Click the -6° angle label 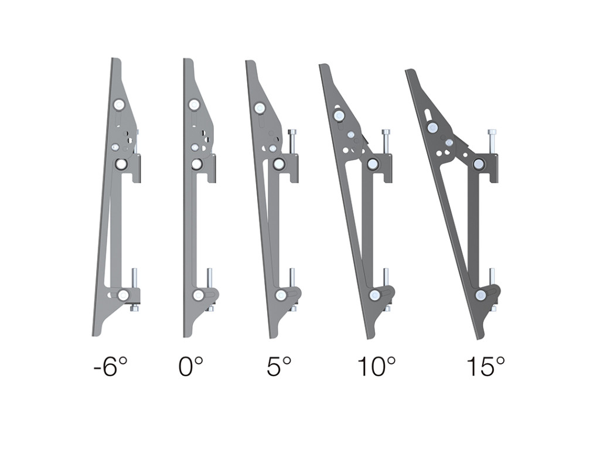tap(110, 367)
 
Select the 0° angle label tap(191, 367)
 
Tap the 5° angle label tap(279, 367)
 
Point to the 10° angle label tap(376, 367)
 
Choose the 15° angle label tap(486, 367)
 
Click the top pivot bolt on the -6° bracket tap(120, 105)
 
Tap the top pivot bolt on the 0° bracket tap(194, 105)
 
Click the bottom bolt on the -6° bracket tap(123, 295)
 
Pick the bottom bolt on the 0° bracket tap(199, 295)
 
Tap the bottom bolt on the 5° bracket tap(282, 295)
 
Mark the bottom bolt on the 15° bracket tap(481, 295)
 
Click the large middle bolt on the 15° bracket tap(479, 163)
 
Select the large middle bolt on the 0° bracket tap(197, 164)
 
